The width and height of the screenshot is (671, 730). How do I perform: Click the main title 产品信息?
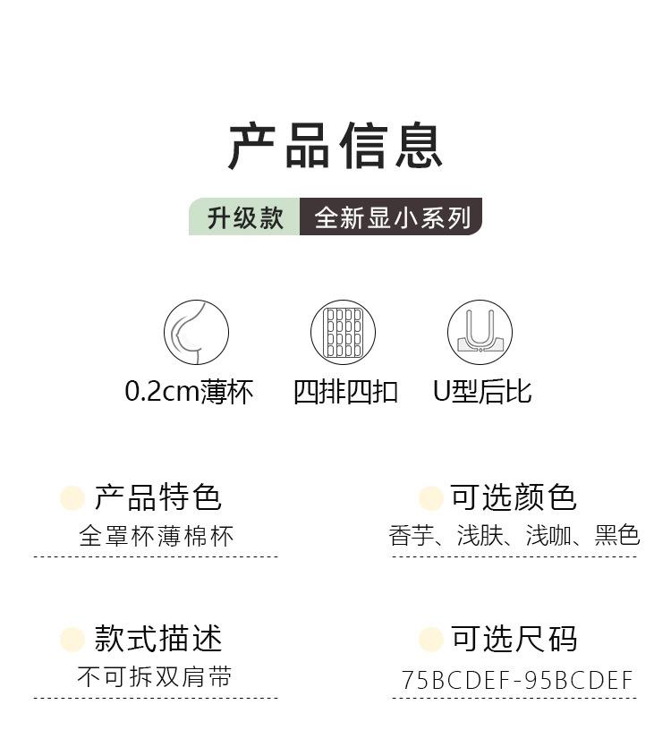335,147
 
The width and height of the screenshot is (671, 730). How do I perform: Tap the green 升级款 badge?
244,217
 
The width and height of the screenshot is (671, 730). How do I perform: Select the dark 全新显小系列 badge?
391,217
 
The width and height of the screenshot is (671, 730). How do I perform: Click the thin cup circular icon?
196,333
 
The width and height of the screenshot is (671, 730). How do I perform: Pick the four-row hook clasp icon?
343,333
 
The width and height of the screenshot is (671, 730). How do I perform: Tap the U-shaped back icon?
480,333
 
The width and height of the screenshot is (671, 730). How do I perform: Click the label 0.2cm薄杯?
189,392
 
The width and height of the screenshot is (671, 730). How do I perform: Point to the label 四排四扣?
345,392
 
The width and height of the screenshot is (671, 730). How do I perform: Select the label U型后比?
482,392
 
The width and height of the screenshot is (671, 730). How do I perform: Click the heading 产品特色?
157,497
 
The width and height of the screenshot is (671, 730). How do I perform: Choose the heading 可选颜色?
513,497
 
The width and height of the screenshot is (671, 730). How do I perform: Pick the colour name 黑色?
617,535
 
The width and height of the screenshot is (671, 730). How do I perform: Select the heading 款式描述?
157,639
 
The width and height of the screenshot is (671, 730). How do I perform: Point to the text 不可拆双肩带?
155,677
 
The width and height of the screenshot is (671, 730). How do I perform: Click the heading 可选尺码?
514,639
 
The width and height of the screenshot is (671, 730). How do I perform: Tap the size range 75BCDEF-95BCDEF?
517,680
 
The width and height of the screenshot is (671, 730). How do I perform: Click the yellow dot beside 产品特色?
72,498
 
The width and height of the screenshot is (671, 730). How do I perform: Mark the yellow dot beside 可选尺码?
431,640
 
